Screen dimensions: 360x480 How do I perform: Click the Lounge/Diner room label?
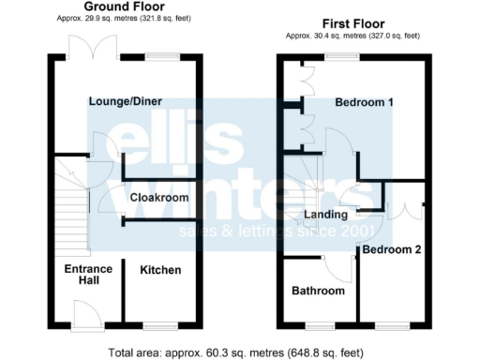[122, 101]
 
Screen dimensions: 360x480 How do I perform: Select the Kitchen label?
[160, 270]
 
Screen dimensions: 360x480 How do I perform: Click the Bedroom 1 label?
[363, 103]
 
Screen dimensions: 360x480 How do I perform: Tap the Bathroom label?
[318, 291]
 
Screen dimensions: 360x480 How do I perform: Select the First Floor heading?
[354, 23]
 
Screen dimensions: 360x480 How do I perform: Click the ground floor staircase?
[70, 206]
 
